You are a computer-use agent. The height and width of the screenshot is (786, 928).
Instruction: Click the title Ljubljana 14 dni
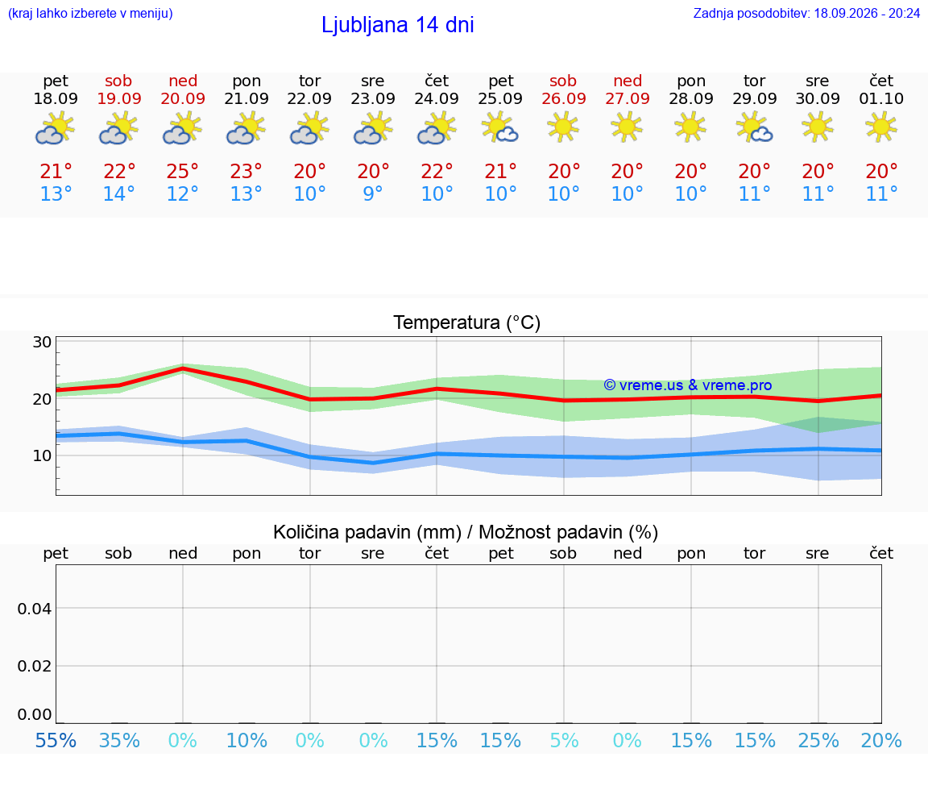coord(398,25)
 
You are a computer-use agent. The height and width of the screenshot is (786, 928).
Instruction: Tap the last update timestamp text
coord(806,13)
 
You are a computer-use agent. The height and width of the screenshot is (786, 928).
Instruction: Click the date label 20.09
coord(183,99)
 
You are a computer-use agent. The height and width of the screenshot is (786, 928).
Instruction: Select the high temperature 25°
coord(182,171)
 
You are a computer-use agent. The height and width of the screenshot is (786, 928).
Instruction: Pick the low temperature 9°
coord(373,193)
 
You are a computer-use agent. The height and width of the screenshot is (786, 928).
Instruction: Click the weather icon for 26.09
coord(563,127)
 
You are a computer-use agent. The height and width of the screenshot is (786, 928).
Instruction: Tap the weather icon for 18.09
coord(55,128)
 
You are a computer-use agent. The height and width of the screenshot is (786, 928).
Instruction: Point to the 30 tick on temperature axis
coord(42,342)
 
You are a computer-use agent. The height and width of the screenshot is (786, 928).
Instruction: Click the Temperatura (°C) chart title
coord(467,322)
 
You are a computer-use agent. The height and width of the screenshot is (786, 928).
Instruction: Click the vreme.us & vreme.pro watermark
coord(688,385)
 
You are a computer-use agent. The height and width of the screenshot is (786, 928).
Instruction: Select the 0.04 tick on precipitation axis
coord(35,609)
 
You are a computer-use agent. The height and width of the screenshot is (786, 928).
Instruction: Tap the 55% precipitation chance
coord(56,740)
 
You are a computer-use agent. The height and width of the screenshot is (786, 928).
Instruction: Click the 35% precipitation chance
coord(119,740)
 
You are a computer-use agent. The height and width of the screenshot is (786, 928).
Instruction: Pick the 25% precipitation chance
coord(818,740)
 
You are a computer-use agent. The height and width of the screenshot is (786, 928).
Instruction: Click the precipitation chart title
coord(466,532)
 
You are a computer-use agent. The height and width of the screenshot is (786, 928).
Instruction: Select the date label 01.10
coord(881,99)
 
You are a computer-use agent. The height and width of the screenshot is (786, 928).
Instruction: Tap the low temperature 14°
coord(119,193)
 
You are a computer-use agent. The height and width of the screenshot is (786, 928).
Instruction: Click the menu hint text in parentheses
coord(90,14)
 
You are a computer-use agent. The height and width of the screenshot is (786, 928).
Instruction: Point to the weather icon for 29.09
coord(754,128)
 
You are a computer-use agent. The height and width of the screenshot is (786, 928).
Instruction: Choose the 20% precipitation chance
coord(881,740)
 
